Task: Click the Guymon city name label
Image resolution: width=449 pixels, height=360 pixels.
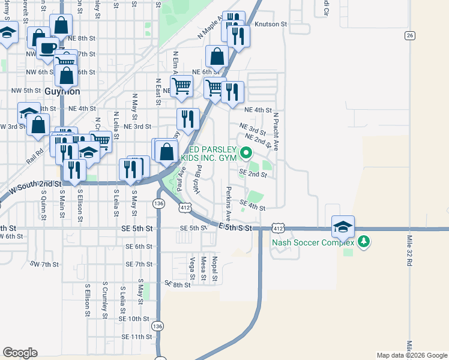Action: tap(63, 92)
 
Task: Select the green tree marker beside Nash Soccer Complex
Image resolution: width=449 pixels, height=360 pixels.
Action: tap(363, 242)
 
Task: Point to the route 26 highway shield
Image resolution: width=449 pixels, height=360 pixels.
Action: tap(409, 35)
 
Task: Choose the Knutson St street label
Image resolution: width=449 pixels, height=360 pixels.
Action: tap(271, 25)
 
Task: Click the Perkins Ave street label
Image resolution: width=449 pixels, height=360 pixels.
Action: tap(228, 203)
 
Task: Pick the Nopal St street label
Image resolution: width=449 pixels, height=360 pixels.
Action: tap(214, 268)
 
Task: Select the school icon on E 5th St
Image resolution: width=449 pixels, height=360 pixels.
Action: tap(343, 227)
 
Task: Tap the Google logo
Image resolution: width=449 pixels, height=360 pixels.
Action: tap(20, 353)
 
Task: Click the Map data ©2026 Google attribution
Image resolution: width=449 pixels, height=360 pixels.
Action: tap(411, 355)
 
